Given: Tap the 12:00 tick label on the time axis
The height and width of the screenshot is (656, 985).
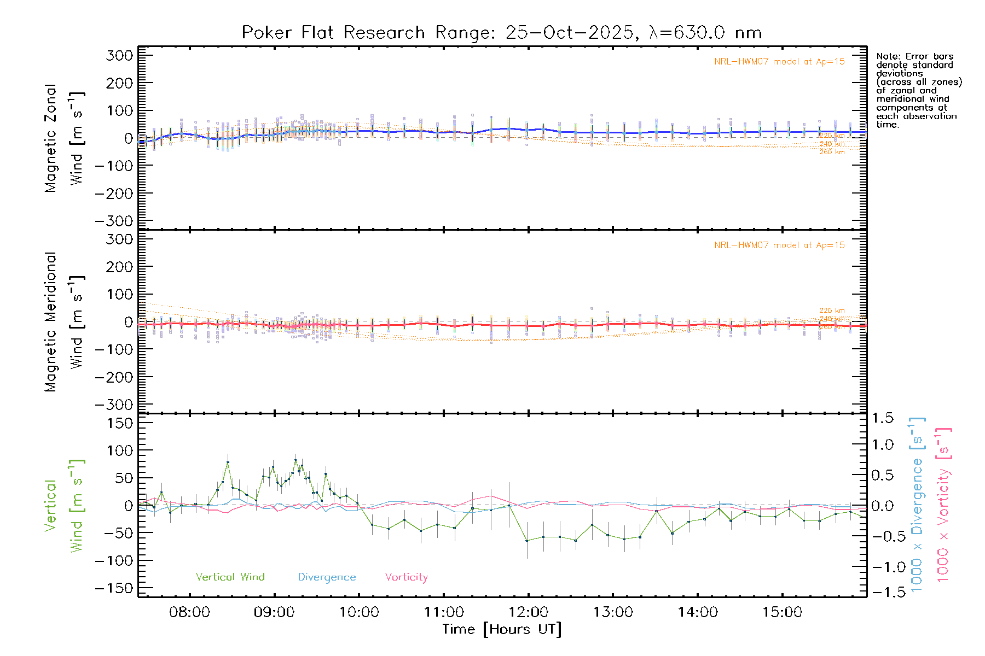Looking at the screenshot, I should click(x=528, y=612).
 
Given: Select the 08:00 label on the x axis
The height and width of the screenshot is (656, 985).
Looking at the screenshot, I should click(x=189, y=612).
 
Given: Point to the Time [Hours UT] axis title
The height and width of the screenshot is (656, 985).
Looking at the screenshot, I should click(x=502, y=629).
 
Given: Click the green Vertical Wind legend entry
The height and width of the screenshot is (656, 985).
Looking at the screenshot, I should click(x=230, y=577).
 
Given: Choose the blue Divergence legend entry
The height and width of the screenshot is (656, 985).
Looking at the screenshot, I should click(x=327, y=577).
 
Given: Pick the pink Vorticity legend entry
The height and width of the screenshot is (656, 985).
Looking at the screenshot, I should click(x=406, y=577).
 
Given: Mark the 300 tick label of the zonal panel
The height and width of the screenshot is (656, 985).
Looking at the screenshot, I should click(x=119, y=55).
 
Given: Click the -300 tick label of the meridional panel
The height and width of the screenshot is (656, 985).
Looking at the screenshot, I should click(x=114, y=405).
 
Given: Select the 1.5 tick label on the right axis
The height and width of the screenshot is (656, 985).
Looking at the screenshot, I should click(x=883, y=418).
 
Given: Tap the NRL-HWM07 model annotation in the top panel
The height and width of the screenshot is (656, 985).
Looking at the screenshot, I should click(x=779, y=62).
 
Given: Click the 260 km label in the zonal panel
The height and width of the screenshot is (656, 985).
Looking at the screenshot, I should click(x=832, y=152).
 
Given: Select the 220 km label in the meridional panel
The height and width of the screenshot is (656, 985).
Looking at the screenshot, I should click(x=832, y=311).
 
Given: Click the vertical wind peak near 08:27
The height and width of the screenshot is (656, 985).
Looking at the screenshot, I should click(x=228, y=462).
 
